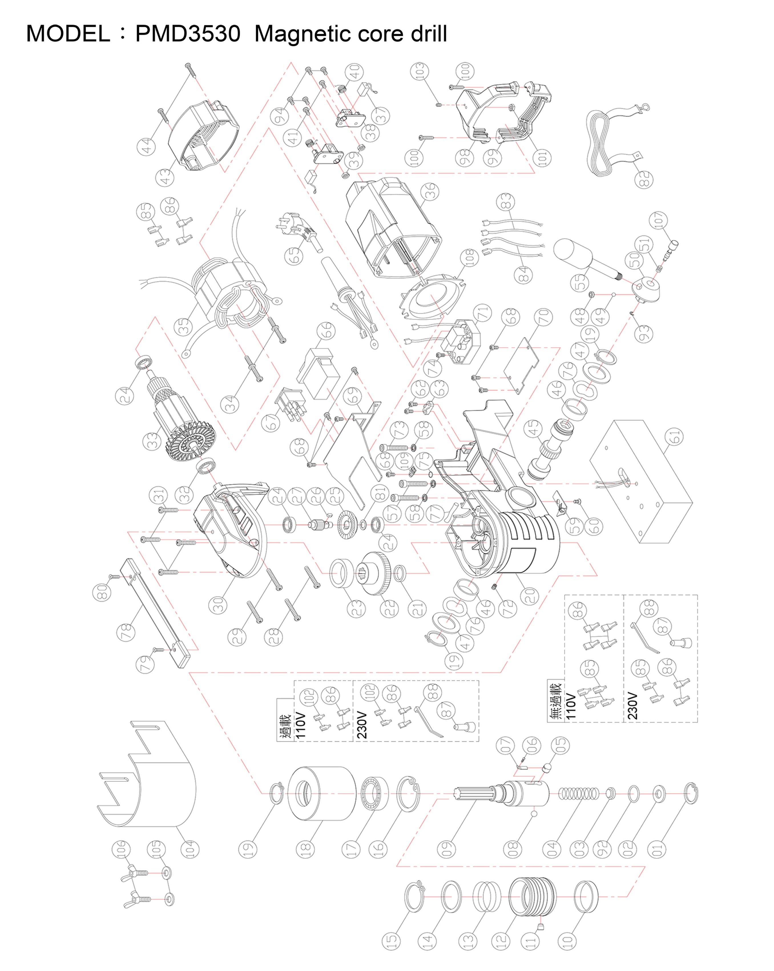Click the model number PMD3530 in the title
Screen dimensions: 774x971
pyautogui.click(x=188, y=34)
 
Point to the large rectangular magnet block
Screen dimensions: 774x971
pyautogui.click(x=641, y=482)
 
